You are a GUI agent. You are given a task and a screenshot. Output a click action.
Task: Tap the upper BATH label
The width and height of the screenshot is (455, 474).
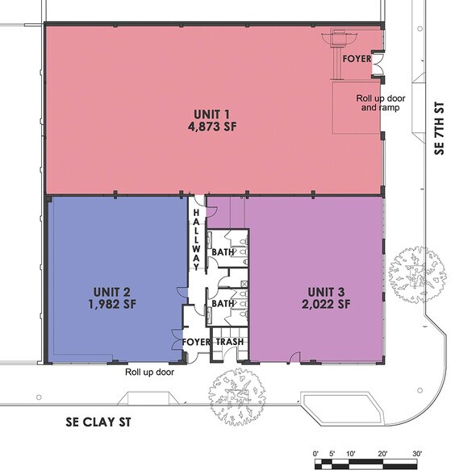coord(222,252)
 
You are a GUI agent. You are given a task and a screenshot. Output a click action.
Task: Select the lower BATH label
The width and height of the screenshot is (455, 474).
coord(222,304)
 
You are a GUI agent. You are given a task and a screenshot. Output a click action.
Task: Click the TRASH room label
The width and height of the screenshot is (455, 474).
coord(230,342)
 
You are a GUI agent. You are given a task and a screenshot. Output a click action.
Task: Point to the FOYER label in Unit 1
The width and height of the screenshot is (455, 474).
coord(356,59)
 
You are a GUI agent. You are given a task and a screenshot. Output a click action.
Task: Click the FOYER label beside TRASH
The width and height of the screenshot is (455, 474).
coord(196,342)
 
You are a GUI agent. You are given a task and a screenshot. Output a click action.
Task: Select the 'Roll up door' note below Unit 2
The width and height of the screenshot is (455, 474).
coord(149,372)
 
